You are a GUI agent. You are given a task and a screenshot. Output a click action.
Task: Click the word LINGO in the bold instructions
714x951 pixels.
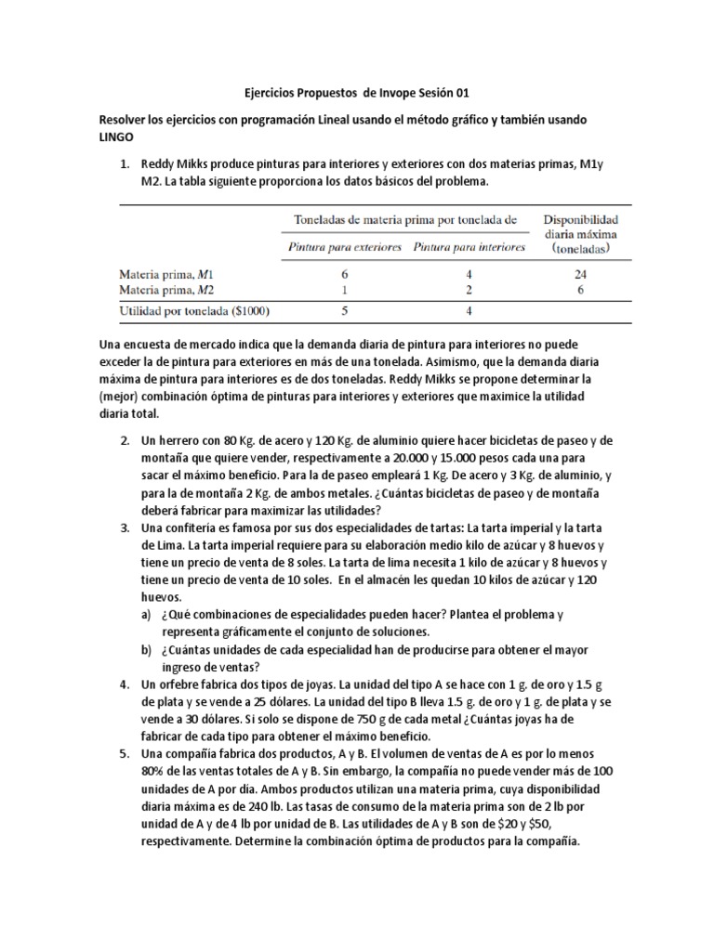(118, 137)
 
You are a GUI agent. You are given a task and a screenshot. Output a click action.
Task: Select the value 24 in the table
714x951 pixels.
(578, 275)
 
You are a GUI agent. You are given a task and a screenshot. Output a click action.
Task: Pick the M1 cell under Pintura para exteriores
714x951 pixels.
(345, 275)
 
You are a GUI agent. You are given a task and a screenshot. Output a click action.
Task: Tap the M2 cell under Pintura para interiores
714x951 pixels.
(469, 290)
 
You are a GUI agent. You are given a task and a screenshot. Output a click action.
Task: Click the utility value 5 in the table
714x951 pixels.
(345, 311)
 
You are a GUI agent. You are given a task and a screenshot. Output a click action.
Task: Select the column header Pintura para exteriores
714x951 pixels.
(345, 248)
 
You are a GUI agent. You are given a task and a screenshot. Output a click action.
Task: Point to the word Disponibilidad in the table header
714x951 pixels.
(579, 219)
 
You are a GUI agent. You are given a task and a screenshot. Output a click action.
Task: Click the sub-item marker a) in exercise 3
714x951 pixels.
(146, 615)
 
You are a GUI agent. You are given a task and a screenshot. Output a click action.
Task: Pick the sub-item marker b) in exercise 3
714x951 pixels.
(146, 650)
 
